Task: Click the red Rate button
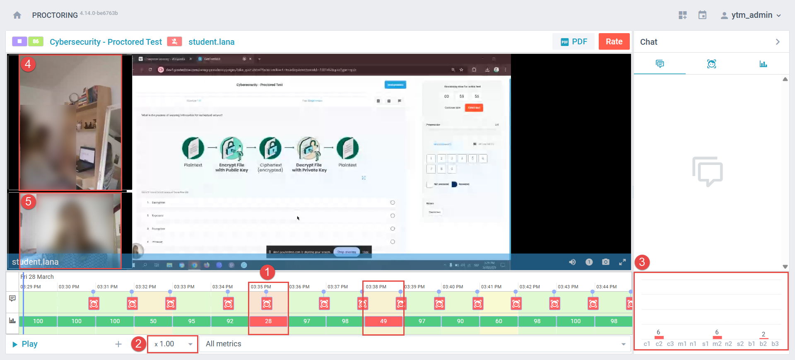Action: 614,41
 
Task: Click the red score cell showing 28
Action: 268,321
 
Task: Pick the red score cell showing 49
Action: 383,321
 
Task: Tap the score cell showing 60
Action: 499,321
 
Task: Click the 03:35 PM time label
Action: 261,287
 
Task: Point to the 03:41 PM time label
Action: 491,287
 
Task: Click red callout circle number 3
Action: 642,262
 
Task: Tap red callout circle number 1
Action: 267,272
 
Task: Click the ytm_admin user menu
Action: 751,15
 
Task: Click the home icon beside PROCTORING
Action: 17,15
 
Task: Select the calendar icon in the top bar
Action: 702,15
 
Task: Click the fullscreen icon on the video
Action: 622,262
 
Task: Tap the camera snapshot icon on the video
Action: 605,262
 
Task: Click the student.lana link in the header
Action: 211,42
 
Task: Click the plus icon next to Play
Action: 118,344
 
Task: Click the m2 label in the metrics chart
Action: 717,344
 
